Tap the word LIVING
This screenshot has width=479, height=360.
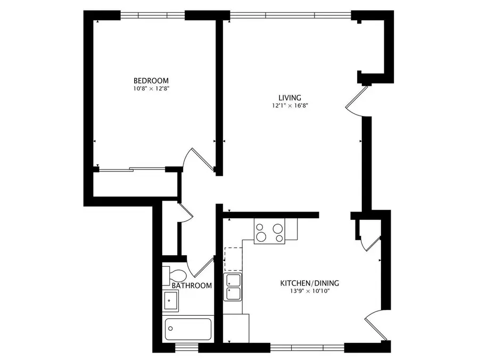pos(290,97)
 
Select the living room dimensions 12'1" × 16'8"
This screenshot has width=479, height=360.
pos(290,105)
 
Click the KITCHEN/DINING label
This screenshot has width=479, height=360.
pos(310,283)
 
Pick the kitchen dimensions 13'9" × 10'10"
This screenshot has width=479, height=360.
pos(310,291)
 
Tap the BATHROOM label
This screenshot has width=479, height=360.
pos(192,286)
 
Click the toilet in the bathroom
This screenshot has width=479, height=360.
pos(174,275)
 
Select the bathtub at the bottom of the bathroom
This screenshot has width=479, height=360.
pos(188,329)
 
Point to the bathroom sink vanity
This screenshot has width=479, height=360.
pos(171,301)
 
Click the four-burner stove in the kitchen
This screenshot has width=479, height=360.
pos(270,231)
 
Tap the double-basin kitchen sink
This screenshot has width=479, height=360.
pos(233,288)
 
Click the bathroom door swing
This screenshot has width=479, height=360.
pos(199,266)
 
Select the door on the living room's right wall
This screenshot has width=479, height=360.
pos(354,104)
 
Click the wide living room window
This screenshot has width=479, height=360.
pos(290,15)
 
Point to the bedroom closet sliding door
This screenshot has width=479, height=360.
pos(132,170)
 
